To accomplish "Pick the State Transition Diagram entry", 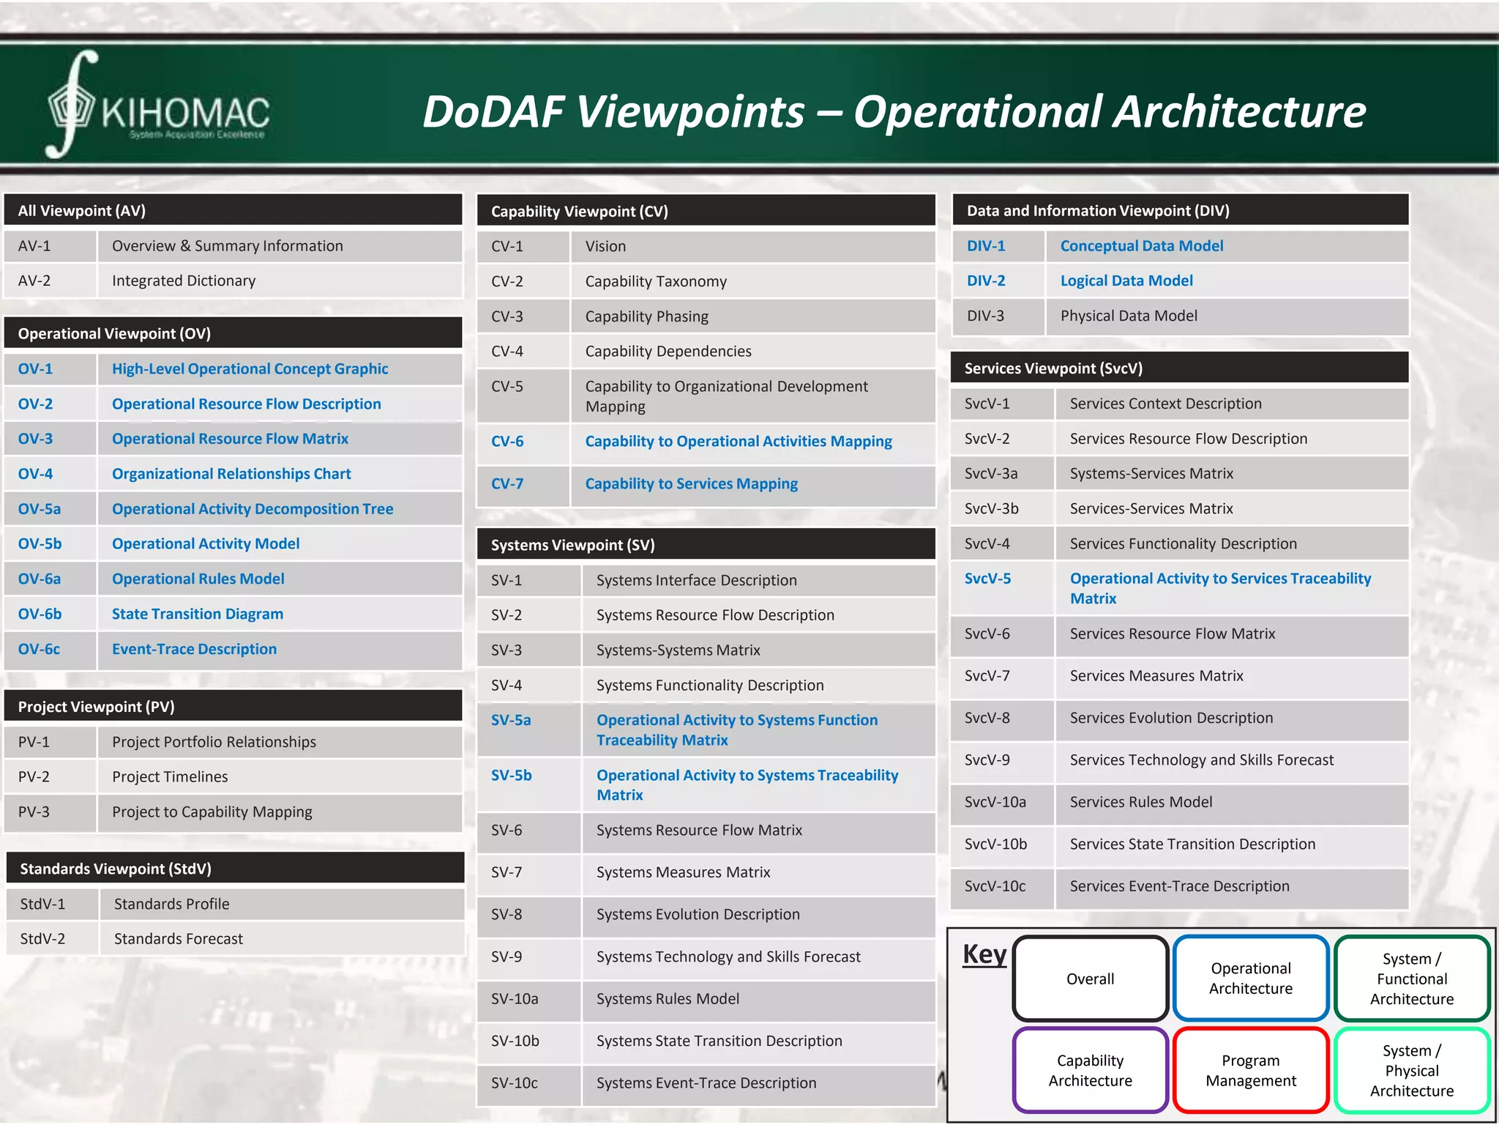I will (198, 614).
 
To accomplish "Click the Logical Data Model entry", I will (1126, 281).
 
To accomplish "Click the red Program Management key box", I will (1250, 1070).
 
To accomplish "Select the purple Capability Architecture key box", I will (1090, 1070).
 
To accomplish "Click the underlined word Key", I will (984, 954).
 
